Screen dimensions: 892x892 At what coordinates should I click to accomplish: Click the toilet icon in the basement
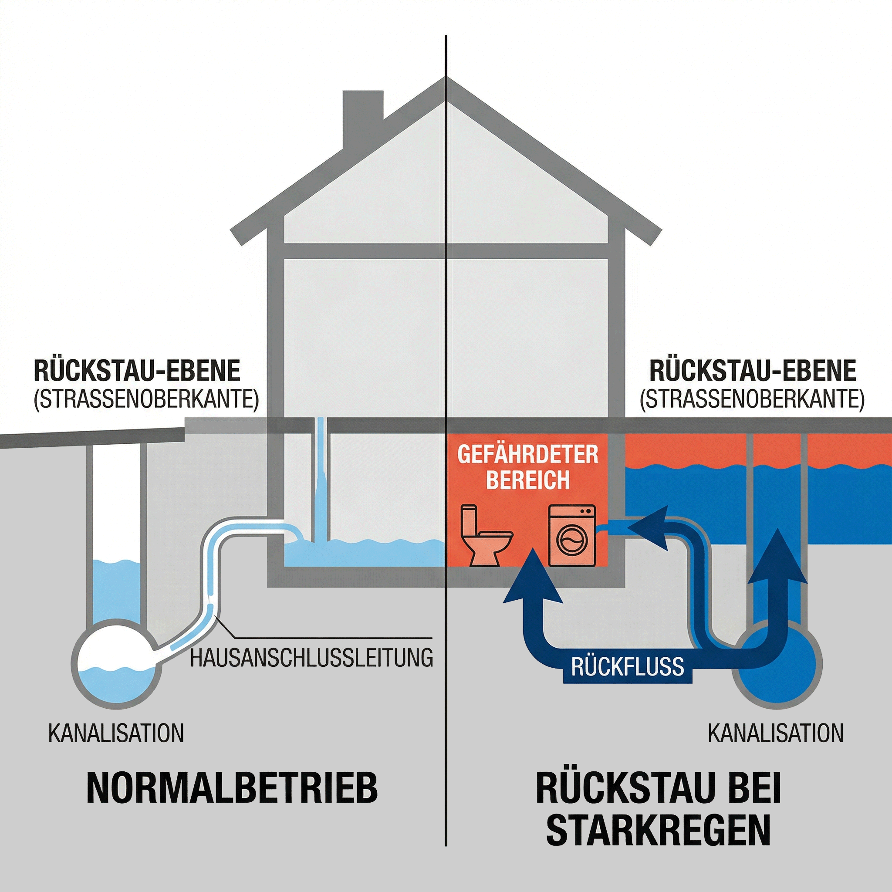point(486,536)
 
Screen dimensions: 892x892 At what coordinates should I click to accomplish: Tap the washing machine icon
point(571,536)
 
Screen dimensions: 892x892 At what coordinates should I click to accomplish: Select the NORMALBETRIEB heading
point(232,787)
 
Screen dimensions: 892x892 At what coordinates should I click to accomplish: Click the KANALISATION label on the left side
point(116,733)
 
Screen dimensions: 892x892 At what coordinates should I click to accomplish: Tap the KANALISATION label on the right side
point(776,733)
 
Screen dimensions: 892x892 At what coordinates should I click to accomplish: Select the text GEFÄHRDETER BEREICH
point(528,467)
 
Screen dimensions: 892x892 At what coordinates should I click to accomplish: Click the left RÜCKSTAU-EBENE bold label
point(137,370)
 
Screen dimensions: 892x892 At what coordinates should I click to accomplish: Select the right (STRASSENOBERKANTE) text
point(752,399)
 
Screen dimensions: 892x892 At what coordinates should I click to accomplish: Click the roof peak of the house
point(446,83)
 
